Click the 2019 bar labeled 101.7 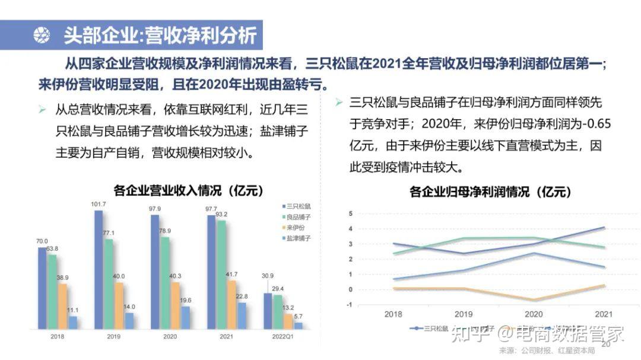[99, 270]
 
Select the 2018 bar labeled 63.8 [52, 291]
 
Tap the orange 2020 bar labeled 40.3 [176, 305]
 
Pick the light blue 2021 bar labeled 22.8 [242, 316]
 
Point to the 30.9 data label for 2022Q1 [268, 275]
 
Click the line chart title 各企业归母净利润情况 [490, 192]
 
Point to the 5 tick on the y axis [351, 214]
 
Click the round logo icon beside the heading [42, 36]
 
